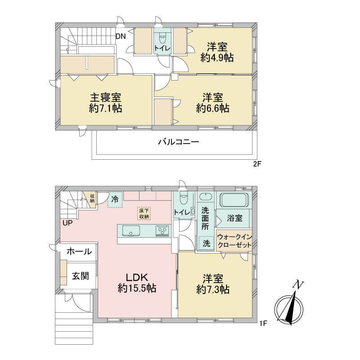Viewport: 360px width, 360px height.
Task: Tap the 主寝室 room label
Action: (x=105, y=98)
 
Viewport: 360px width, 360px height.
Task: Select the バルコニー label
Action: (x=179, y=142)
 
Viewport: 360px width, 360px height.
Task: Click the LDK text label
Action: (x=137, y=278)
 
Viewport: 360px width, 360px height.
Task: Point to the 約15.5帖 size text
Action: (x=137, y=288)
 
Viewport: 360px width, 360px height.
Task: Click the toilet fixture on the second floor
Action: (x=162, y=38)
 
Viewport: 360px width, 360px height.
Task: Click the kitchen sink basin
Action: (x=131, y=230)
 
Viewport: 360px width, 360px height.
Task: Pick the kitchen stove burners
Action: (x=162, y=230)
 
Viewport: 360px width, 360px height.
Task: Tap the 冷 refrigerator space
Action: (x=115, y=199)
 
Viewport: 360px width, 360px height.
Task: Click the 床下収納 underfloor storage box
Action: (x=144, y=213)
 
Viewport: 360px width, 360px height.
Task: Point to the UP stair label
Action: (x=67, y=223)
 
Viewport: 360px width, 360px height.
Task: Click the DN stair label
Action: (x=121, y=36)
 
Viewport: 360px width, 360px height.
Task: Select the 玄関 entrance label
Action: (x=81, y=276)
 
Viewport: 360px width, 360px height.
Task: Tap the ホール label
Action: (x=80, y=252)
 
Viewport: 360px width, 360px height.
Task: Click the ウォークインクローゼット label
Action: (x=234, y=241)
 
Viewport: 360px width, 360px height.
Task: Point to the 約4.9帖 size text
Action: (x=217, y=58)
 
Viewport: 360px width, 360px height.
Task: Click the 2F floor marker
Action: (x=257, y=164)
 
